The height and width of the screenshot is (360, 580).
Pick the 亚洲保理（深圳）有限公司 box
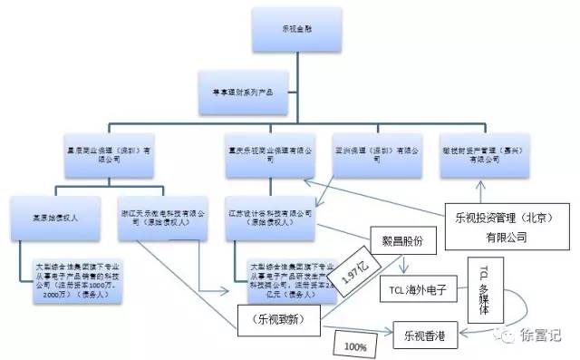(373, 150)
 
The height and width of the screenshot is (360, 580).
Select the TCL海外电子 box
(420, 292)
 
